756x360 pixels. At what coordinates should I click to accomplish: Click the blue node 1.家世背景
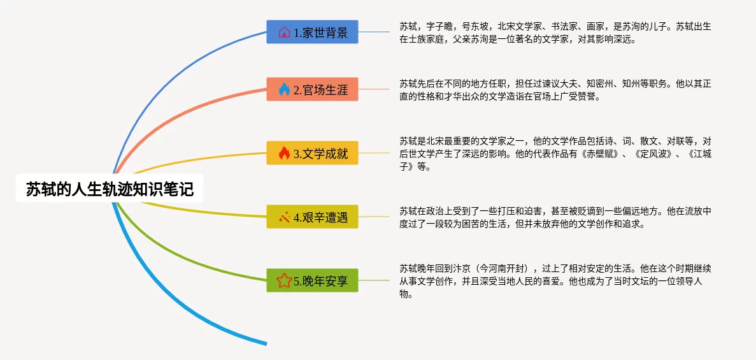(313, 32)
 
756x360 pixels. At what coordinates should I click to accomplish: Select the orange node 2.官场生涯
(313, 89)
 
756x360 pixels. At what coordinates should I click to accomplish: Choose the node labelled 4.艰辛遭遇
(313, 217)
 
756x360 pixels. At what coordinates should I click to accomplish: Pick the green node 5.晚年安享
(313, 280)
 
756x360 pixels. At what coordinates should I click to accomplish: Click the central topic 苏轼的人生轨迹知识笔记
(110, 189)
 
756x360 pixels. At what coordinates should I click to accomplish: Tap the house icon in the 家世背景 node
(284, 32)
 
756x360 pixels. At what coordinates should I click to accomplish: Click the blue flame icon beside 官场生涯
(284, 89)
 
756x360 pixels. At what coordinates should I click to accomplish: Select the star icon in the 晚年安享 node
(284, 280)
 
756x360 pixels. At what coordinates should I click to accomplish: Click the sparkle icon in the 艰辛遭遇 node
(284, 217)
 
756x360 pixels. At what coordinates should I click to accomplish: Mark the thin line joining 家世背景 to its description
(374, 32)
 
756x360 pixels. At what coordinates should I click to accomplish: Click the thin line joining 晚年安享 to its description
(374, 280)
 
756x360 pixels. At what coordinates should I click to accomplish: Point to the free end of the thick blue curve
(266, 343)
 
